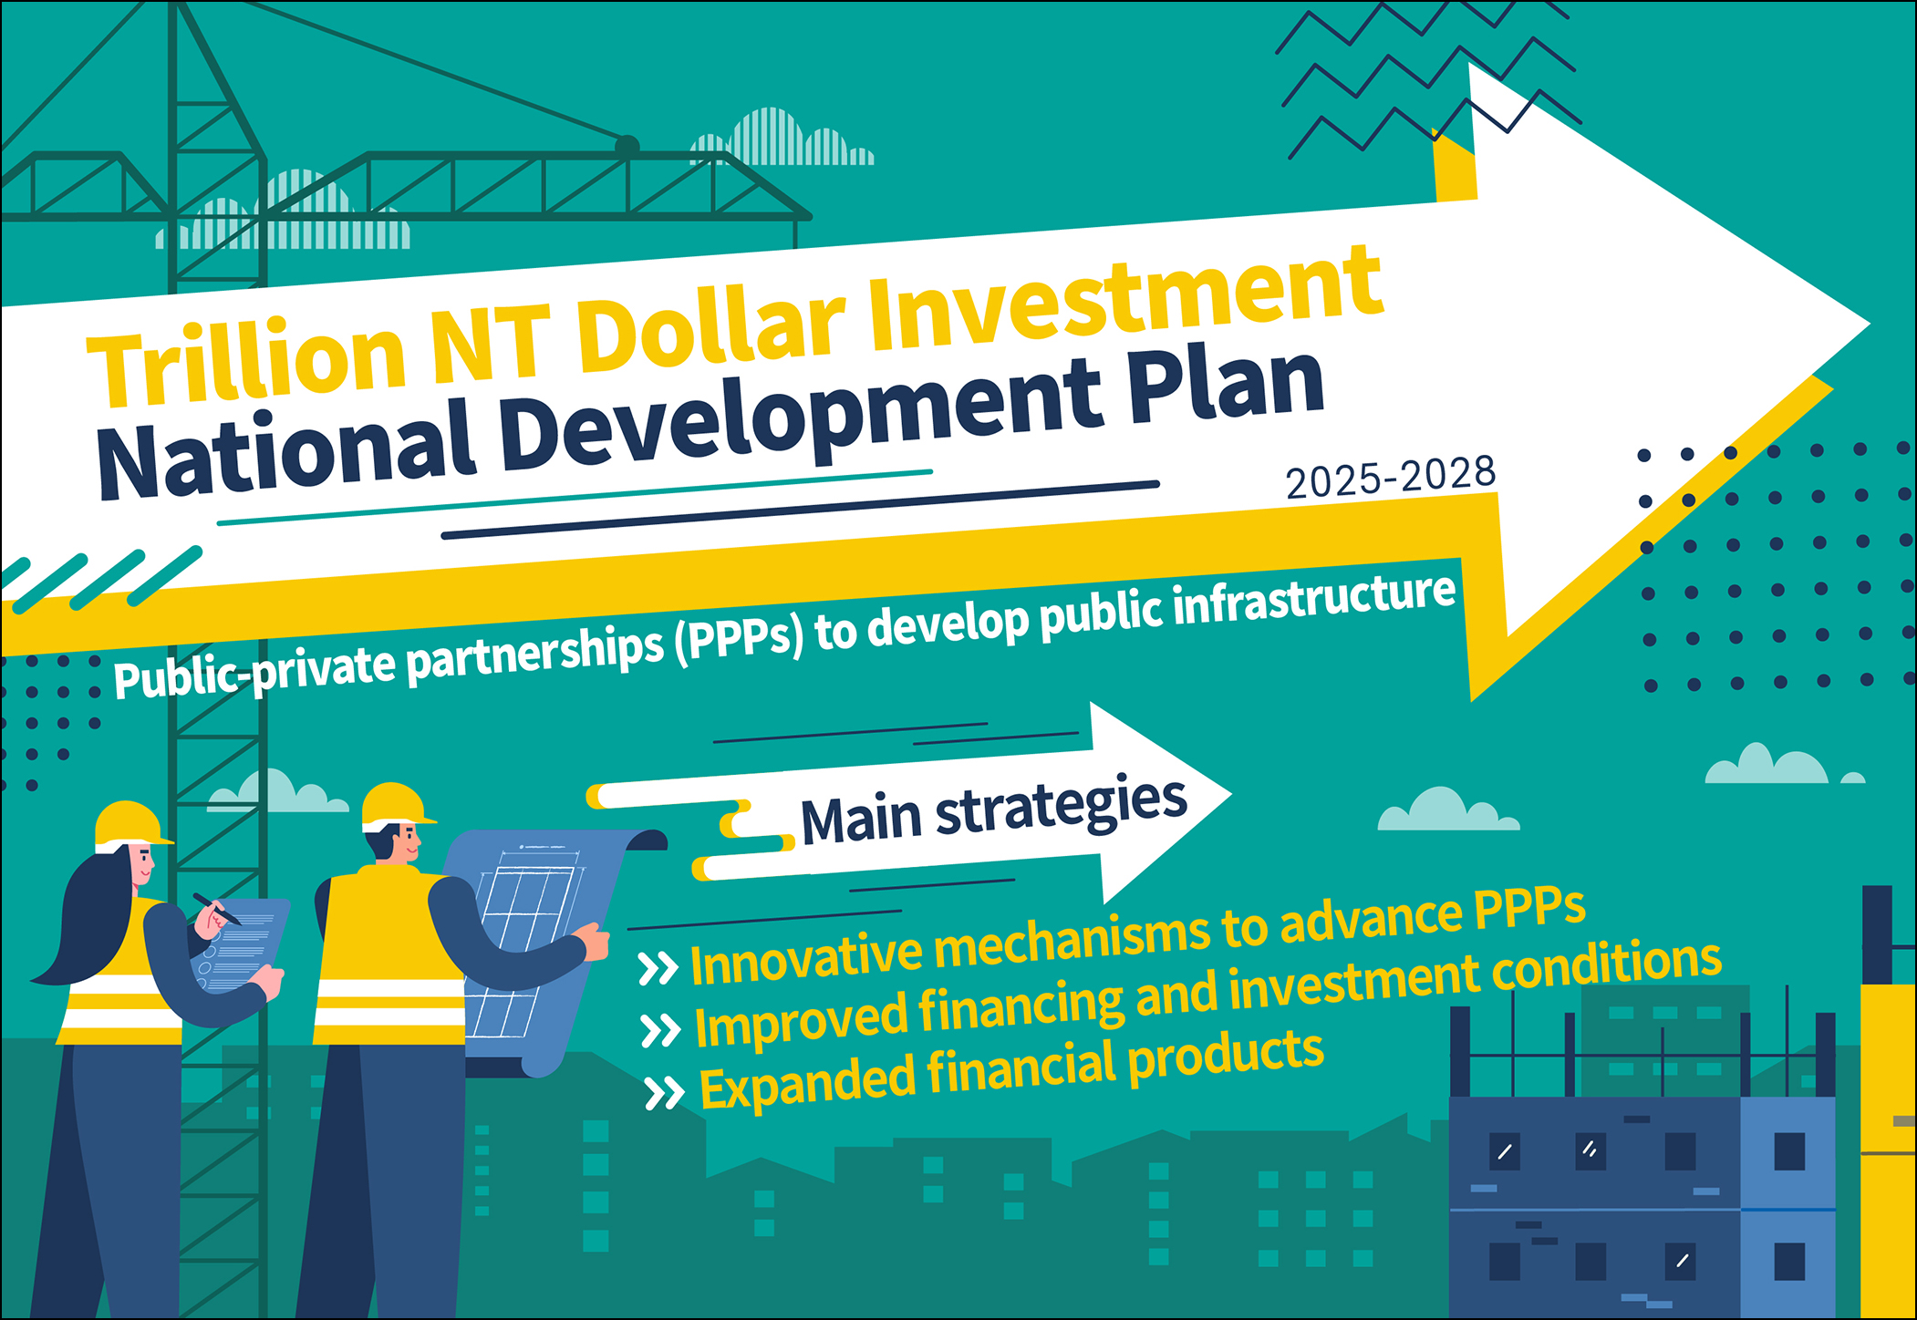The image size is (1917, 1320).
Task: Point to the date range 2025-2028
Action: coord(1391,477)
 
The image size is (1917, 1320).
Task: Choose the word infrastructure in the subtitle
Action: coord(1314,603)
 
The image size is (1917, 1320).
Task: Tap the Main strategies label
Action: coord(994,809)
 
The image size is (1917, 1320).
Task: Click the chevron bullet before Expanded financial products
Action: coord(664,1092)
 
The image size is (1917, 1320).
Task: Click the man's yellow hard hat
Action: coord(396,805)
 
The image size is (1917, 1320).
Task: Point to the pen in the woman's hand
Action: coord(216,909)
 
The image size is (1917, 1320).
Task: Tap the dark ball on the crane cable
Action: coord(627,146)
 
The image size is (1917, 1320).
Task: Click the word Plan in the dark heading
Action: coord(1227,388)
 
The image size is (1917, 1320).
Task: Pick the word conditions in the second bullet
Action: coord(1607,968)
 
